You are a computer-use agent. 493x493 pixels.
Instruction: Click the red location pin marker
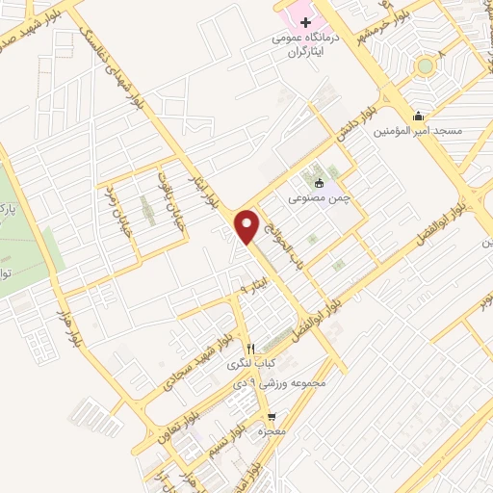tap(248, 225)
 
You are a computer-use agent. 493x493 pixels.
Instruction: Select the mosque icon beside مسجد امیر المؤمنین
tap(418, 117)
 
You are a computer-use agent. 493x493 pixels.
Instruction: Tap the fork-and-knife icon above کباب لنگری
tap(251, 349)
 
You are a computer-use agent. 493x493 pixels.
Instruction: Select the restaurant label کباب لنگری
tap(249, 364)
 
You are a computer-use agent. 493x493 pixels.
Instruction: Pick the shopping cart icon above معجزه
tap(272, 417)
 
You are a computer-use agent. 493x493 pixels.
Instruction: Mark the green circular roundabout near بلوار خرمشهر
tap(425, 65)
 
